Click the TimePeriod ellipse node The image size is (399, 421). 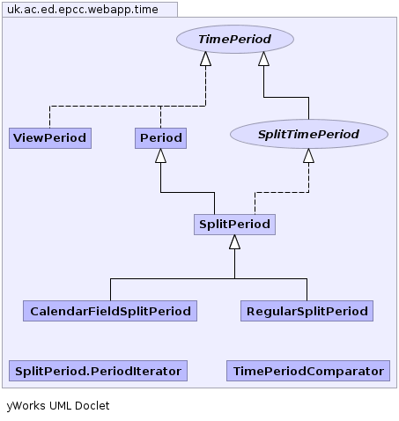(235, 39)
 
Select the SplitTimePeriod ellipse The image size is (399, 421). (309, 134)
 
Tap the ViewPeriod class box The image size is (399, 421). (50, 138)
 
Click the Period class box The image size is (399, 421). (160, 138)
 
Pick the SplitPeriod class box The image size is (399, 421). (234, 225)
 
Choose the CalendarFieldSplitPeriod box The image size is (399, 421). (110, 311)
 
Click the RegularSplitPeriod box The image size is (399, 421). (307, 311)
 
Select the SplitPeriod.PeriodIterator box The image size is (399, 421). (98, 371)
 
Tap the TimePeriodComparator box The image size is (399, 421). (308, 371)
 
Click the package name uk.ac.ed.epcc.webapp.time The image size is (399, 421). (83, 10)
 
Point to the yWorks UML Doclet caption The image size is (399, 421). (58, 406)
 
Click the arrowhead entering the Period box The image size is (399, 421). (160, 156)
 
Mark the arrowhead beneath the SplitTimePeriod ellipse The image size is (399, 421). (308, 156)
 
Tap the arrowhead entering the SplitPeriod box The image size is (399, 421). (234, 242)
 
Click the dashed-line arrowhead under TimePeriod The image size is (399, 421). (205, 59)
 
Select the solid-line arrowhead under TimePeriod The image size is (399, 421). (263, 59)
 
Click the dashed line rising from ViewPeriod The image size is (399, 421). (49, 117)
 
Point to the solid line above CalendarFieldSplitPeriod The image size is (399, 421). (110, 290)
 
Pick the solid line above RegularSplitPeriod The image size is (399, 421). (307, 290)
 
